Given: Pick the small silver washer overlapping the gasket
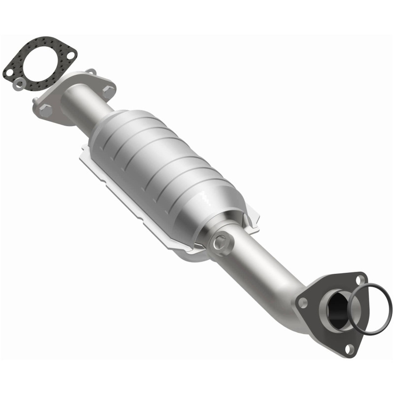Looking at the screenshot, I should pos(18,84).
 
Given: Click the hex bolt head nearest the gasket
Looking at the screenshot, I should pos(46,110).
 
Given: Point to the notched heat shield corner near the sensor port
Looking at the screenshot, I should pos(251,222).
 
